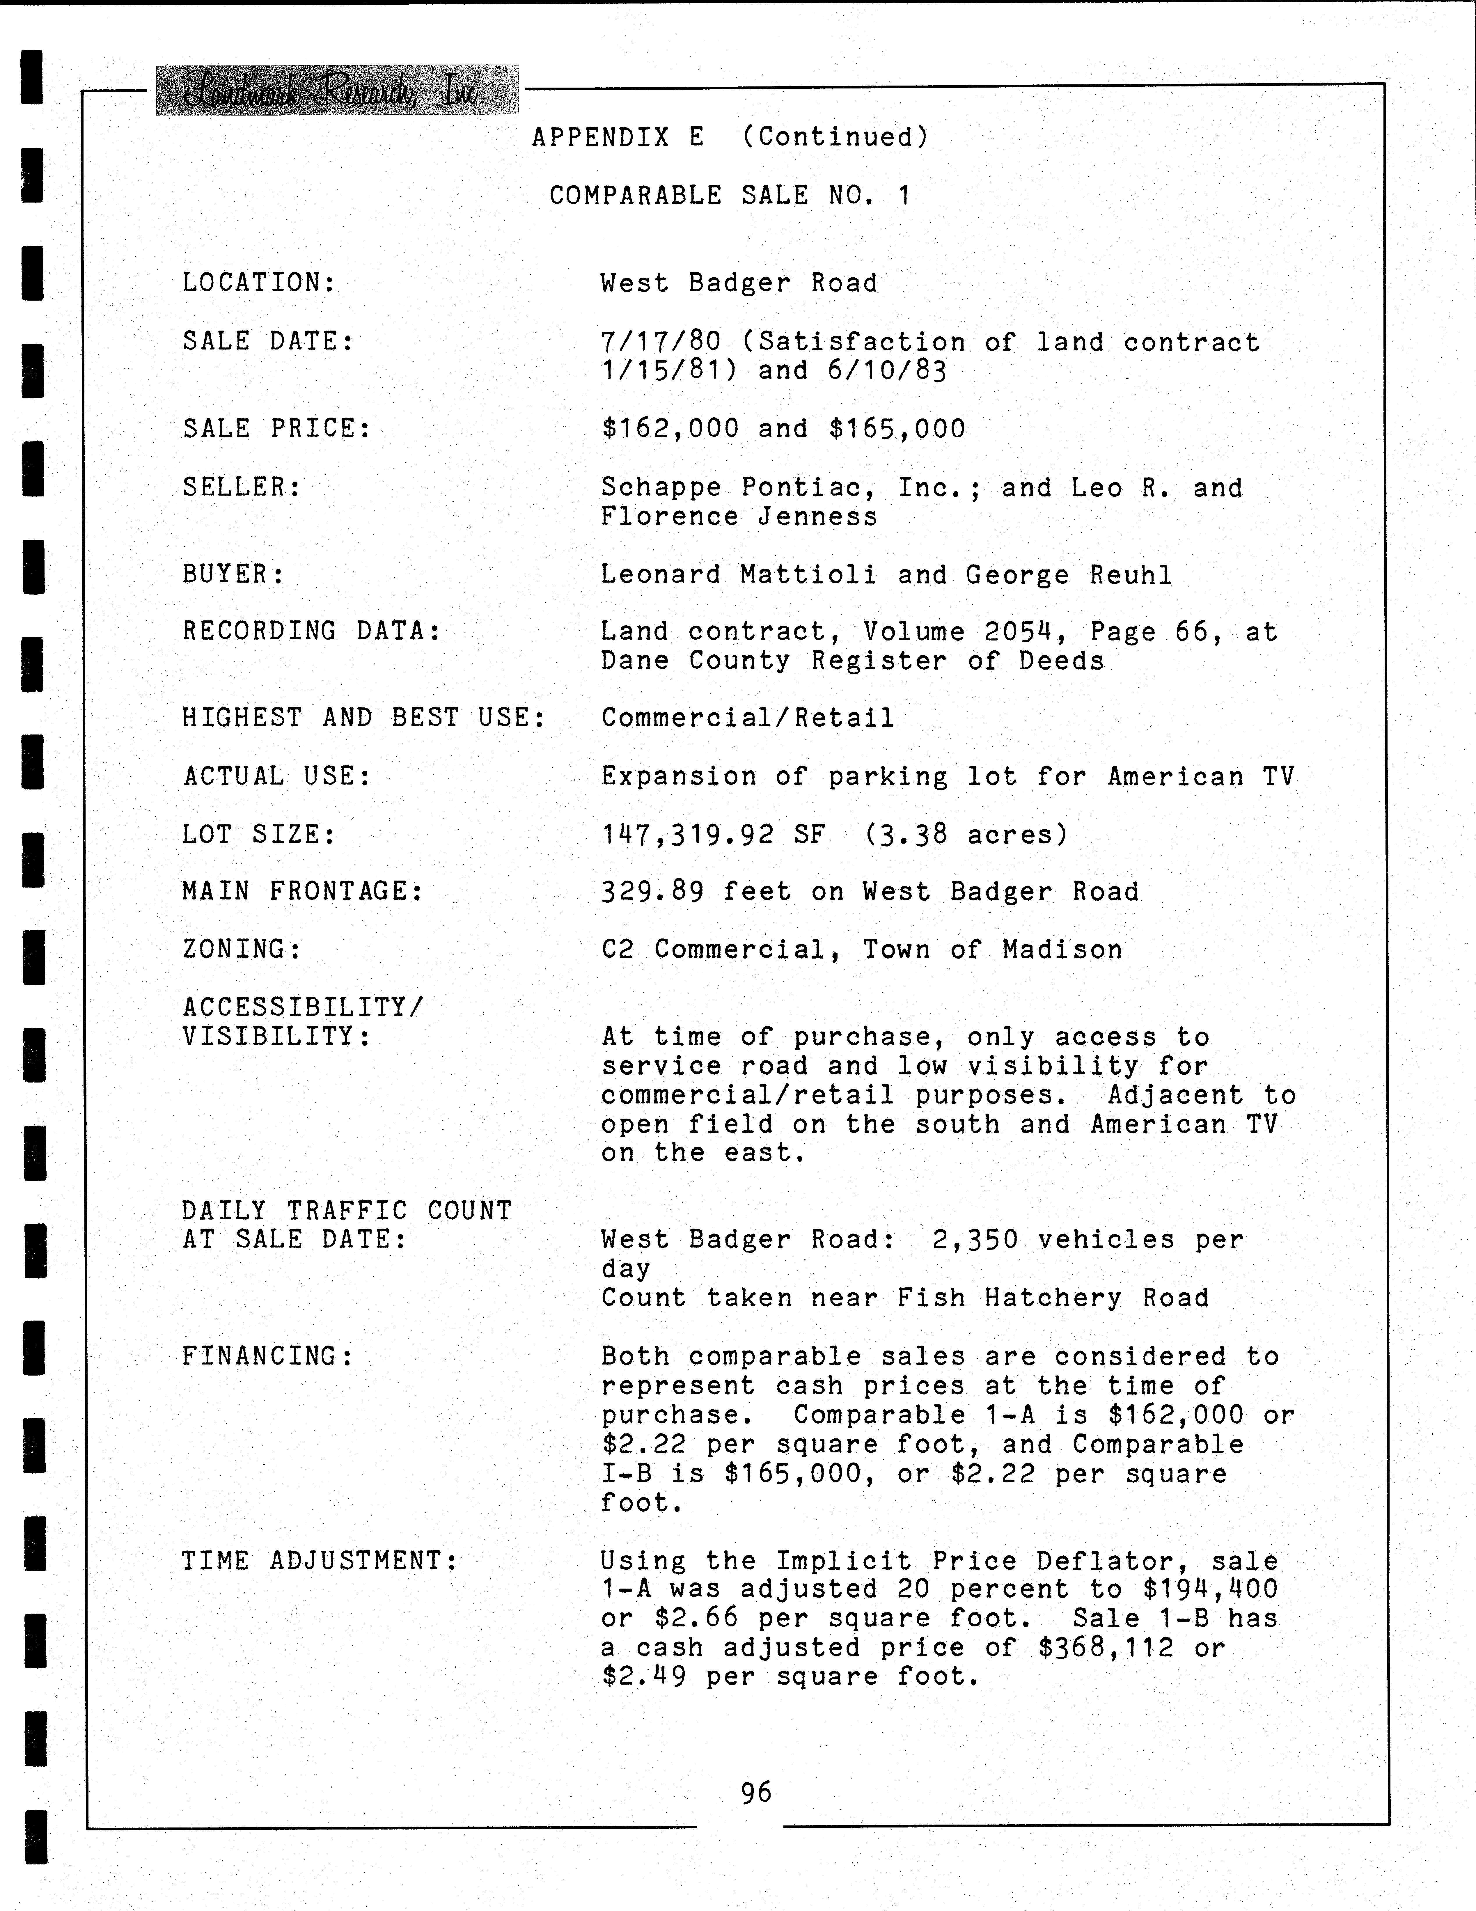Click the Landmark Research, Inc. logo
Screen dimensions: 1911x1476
coord(337,90)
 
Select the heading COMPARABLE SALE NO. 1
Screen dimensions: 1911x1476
coord(730,195)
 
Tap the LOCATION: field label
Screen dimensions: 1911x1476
coord(259,283)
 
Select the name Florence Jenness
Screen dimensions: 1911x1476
coord(739,516)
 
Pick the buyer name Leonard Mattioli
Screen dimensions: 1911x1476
coord(737,575)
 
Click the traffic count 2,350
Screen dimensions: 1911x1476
coord(975,1240)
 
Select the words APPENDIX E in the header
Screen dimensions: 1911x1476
coord(618,137)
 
